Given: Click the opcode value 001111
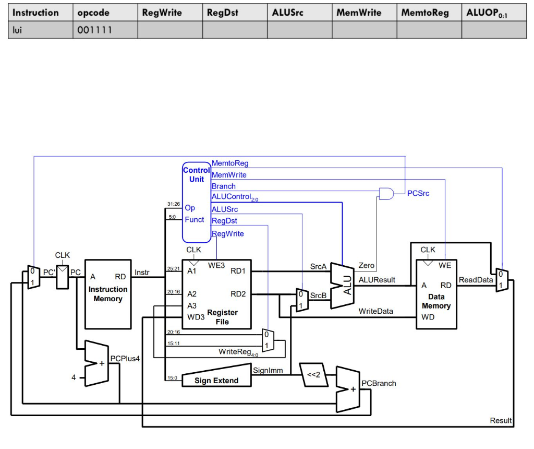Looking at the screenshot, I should click(x=94, y=31).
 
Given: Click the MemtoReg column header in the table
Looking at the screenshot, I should click(x=424, y=13).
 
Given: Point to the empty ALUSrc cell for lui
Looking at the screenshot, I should click(x=299, y=31).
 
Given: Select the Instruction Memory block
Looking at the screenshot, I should click(x=108, y=294).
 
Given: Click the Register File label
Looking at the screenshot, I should click(x=222, y=317).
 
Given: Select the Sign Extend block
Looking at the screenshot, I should click(x=216, y=381).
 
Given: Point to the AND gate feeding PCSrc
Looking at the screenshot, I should click(x=386, y=194).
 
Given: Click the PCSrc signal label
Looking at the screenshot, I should click(x=418, y=194).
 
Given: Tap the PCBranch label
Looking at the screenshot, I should click(x=379, y=383).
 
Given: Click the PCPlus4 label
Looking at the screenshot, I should click(x=125, y=359).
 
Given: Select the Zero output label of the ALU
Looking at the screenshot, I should click(x=366, y=266).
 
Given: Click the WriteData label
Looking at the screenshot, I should click(x=375, y=311).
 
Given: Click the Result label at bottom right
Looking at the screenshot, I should click(x=501, y=421).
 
